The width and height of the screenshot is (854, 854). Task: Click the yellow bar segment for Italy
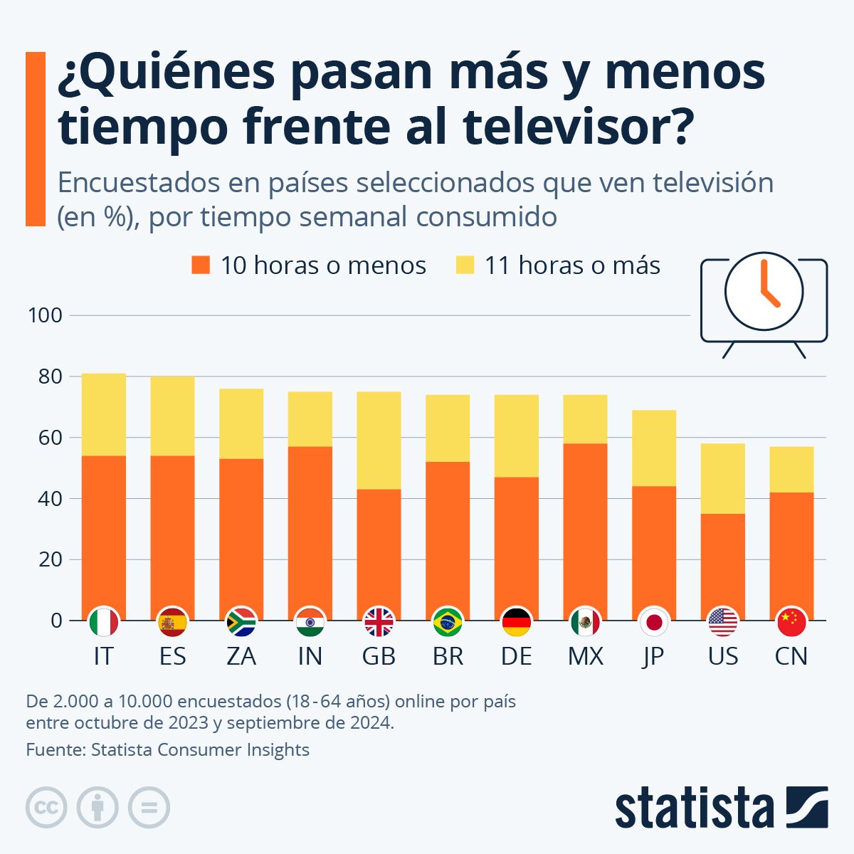(x=104, y=414)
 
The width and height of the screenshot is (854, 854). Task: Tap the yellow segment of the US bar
(x=723, y=478)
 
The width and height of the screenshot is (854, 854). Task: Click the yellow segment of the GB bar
(x=379, y=441)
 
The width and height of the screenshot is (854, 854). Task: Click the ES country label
(x=172, y=656)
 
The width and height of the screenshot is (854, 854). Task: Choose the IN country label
(x=310, y=656)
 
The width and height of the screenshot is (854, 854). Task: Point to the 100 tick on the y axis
(x=45, y=315)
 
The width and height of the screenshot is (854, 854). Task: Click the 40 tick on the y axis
(x=49, y=498)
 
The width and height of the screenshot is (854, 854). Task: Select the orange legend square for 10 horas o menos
(x=201, y=265)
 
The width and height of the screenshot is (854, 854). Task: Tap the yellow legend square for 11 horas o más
(x=465, y=265)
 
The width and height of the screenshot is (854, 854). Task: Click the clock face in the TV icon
(x=764, y=291)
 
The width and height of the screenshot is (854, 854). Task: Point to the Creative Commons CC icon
(x=46, y=808)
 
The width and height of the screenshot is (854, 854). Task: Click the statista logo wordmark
(x=694, y=808)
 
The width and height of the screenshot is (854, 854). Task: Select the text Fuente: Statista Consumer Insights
(x=168, y=749)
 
